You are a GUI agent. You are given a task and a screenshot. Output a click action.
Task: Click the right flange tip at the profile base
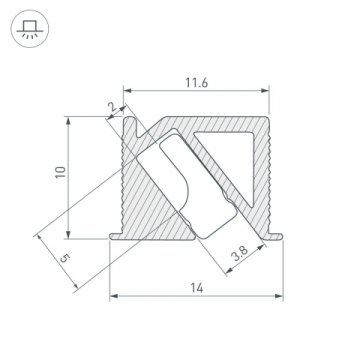coord(283,238)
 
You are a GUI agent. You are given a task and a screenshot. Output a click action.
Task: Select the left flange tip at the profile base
coord(110,238)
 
